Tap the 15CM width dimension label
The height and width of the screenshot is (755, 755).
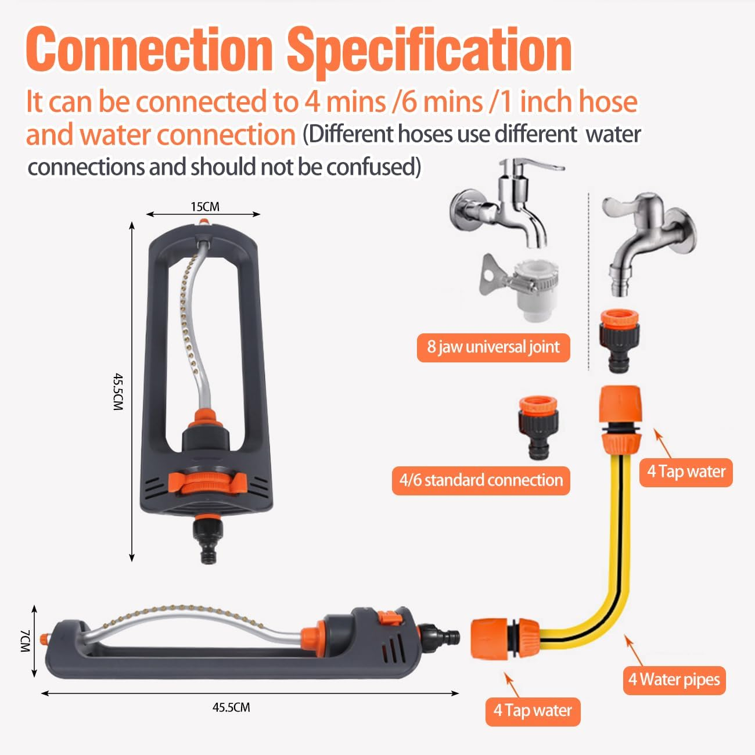point(205,207)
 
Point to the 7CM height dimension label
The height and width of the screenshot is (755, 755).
point(24,640)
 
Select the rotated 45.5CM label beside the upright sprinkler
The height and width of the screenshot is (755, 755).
point(118,392)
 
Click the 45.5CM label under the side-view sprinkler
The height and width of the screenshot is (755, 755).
point(231,707)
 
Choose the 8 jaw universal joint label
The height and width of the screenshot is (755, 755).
point(493,347)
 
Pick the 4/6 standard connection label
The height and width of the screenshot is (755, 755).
point(481,480)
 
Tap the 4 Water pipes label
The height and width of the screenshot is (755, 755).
point(674,679)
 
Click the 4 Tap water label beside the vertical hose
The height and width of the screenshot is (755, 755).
point(686,472)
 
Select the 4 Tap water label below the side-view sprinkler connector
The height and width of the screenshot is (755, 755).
point(533,711)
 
